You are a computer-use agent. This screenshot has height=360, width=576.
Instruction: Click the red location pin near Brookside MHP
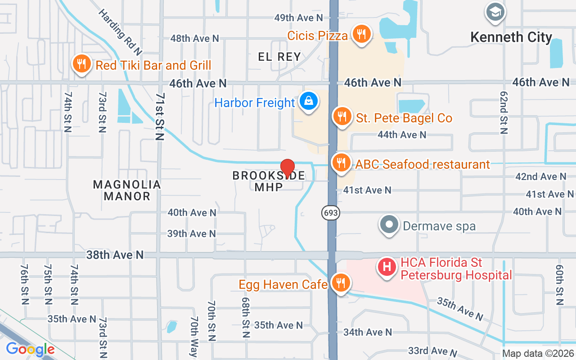tap(288, 167)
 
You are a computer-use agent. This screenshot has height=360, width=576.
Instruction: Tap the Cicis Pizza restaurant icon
tap(360, 34)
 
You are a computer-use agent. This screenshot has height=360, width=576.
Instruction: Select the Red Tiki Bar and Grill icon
tap(81, 64)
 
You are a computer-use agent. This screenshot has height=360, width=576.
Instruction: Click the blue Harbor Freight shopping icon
tap(309, 101)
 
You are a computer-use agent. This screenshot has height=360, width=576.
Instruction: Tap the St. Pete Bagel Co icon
tap(342, 117)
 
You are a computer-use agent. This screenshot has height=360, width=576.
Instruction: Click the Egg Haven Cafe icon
tap(341, 283)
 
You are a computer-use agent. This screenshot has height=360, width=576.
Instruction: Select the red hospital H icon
tap(387, 267)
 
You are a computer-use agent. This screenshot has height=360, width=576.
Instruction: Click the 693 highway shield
tap(330, 212)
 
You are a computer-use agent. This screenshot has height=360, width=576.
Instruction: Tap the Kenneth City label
tap(511, 37)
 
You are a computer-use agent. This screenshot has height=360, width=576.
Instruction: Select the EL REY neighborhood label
tap(279, 57)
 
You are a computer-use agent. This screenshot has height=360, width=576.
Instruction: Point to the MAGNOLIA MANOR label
tap(127, 190)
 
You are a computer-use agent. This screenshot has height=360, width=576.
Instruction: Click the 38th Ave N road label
tap(115, 255)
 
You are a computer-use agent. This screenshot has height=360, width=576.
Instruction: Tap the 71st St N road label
tap(160, 117)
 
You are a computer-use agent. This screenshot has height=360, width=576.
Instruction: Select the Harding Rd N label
tap(120, 29)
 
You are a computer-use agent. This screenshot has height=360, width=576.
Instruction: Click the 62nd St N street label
tap(504, 112)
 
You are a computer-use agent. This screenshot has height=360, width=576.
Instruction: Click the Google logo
tap(30, 349)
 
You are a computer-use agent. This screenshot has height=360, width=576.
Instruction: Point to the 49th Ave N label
tap(299, 18)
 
